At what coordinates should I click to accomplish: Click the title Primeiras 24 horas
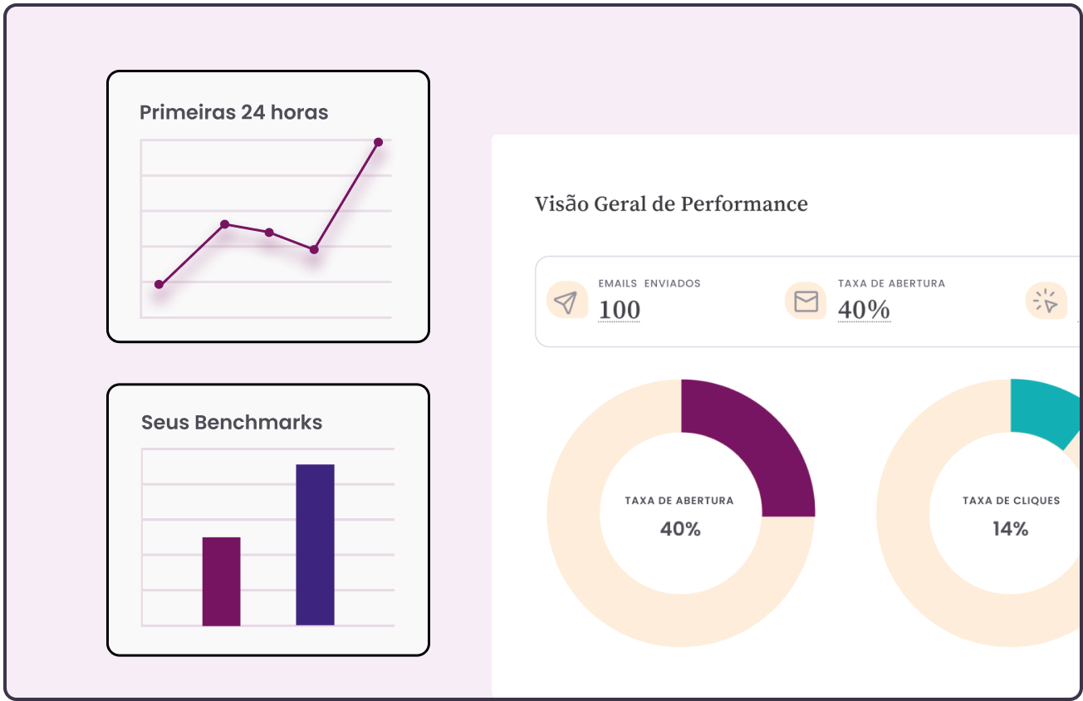233,112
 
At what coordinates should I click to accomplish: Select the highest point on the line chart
378,142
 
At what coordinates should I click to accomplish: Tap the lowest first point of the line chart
159,284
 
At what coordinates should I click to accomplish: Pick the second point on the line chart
224,223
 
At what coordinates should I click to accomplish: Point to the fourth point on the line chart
314,249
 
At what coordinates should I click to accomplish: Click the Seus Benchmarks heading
232,422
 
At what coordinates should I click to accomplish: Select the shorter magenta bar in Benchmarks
221,581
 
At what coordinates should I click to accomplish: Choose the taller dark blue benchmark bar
315,545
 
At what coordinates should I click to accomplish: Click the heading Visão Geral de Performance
671,203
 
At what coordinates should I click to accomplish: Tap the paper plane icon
566,301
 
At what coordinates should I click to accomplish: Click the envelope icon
806,301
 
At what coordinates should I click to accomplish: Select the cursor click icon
1046,301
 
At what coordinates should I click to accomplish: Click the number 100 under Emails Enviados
620,310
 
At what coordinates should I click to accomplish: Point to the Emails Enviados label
649,283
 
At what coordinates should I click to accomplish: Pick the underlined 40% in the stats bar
864,310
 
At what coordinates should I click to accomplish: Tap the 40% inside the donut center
680,528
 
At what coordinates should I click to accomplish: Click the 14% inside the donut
1011,528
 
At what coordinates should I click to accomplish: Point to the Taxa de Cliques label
1011,501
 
